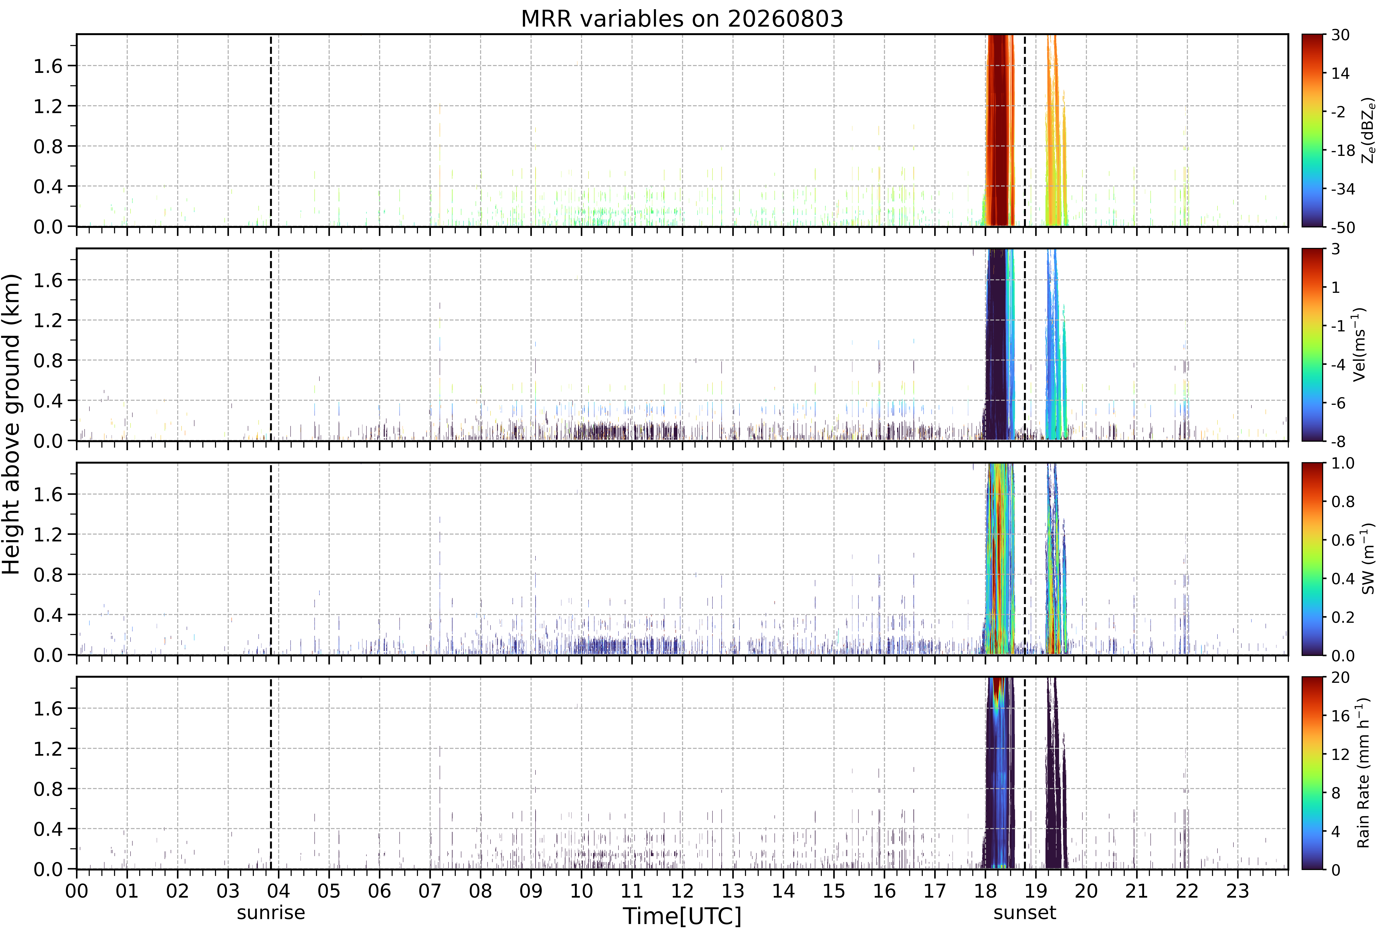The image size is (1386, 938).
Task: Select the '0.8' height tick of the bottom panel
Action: pos(48,789)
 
